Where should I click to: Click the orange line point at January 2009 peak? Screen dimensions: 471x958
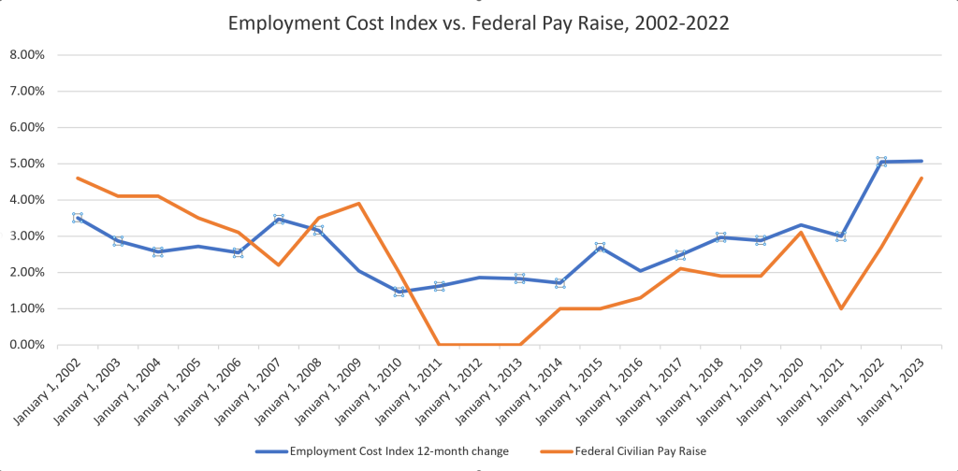(359, 204)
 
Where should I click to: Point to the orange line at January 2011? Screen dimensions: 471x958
(439, 344)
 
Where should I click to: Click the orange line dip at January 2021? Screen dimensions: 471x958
(841, 308)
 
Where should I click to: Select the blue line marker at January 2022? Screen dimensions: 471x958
(881, 162)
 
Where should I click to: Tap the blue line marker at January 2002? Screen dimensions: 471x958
(78, 218)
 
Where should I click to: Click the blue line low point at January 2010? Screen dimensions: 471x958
(399, 292)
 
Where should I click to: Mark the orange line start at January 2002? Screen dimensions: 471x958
(78, 178)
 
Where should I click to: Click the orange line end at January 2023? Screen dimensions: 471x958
(922, 178)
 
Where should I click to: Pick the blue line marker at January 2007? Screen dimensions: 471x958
(279, 219)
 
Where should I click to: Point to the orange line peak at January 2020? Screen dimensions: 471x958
(801, 232)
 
